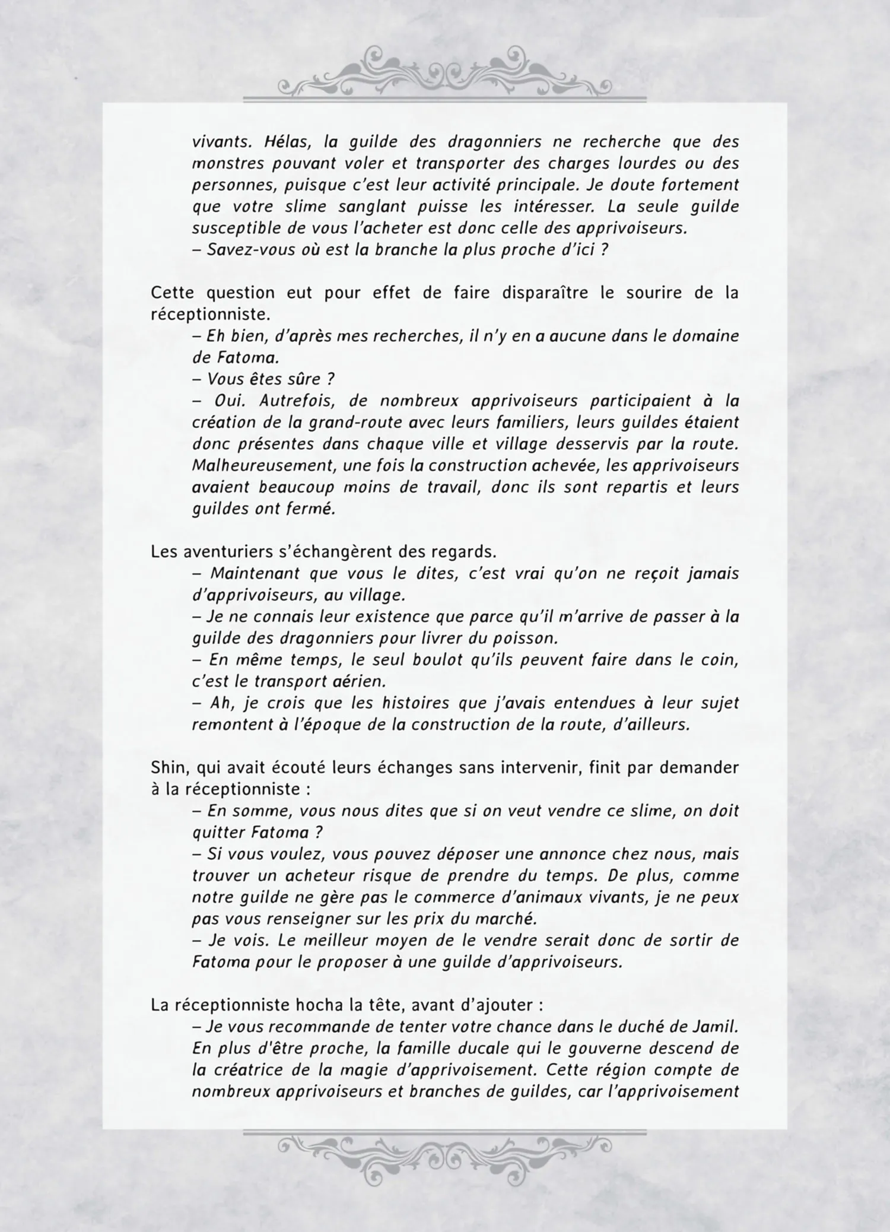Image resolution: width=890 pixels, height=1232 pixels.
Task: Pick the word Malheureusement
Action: click(263, 465)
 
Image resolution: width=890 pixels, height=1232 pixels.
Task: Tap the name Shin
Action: click(169, 767)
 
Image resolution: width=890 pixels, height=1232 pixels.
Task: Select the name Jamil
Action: click(717, 1026)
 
